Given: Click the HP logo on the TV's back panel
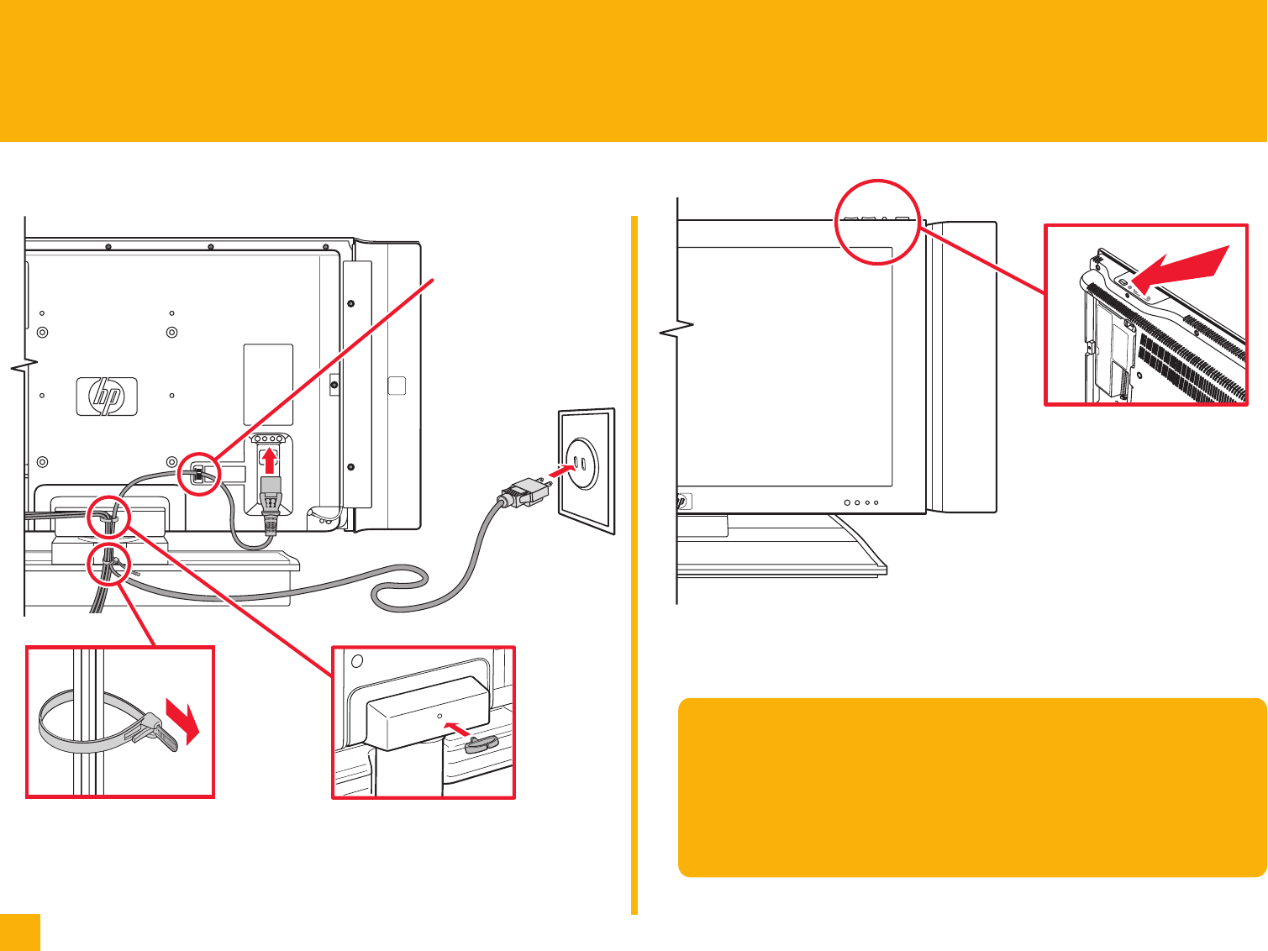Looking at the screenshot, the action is (107, 396).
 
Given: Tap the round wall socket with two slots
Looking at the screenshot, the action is (577, 465).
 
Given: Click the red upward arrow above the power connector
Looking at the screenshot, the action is (269, 460).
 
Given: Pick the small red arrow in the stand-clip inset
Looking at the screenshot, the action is (455, 728).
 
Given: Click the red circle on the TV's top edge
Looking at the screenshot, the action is (879, 222).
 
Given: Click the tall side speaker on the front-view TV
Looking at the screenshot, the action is (962, 367).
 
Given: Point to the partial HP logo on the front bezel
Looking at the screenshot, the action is (682, 502).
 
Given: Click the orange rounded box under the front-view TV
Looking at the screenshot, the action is (971, 787).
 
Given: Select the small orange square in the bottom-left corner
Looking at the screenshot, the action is (19, 933).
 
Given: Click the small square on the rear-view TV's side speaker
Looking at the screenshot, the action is (397, 386).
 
